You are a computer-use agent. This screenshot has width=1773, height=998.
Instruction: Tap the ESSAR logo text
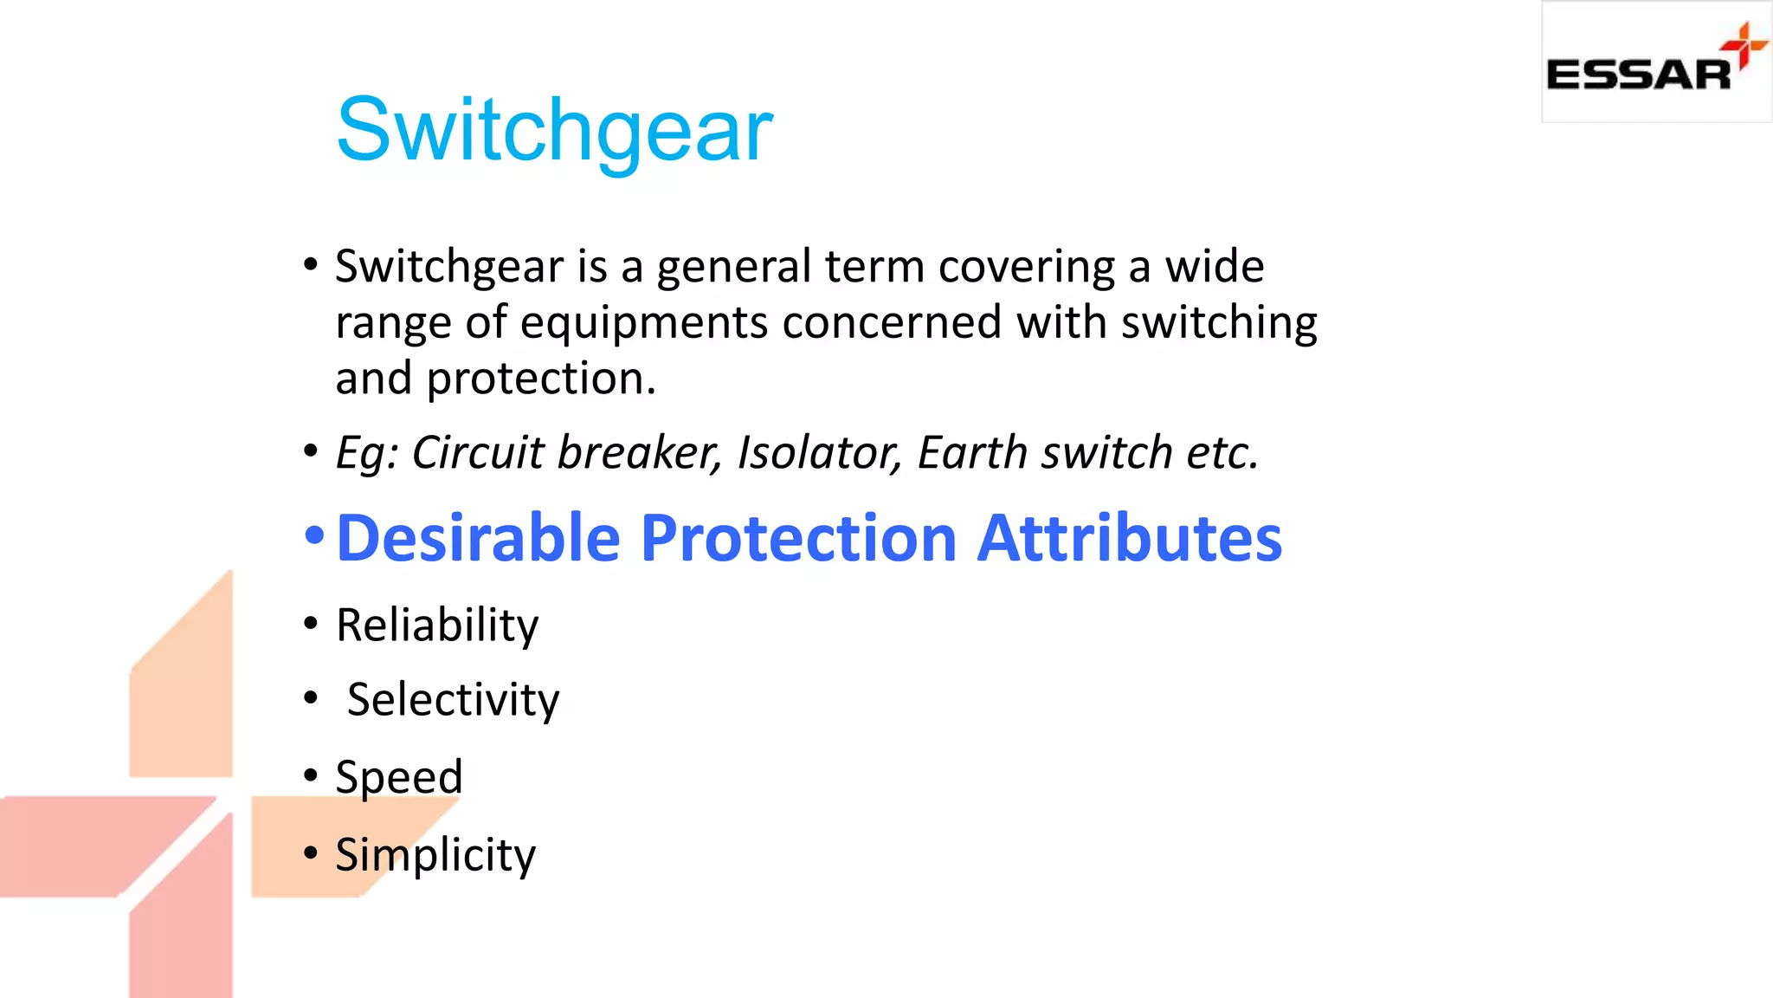coord(1638,75)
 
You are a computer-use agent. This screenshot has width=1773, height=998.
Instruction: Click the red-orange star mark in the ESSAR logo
coord(1744,45)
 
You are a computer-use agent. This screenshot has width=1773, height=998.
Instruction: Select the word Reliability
coord(437,625)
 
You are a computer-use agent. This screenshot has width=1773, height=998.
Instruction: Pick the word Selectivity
coord(453,700)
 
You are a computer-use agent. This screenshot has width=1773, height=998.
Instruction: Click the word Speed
coord(399,777)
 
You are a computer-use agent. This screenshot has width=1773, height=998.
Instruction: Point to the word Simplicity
coord(435,855)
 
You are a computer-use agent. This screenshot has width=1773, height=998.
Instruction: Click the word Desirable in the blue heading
coord(478,538)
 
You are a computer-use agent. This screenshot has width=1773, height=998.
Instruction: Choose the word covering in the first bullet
coord(1027,267)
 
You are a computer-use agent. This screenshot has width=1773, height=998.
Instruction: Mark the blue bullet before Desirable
coord(313,536)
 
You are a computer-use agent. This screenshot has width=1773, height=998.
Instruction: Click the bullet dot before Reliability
coord(311,624)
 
